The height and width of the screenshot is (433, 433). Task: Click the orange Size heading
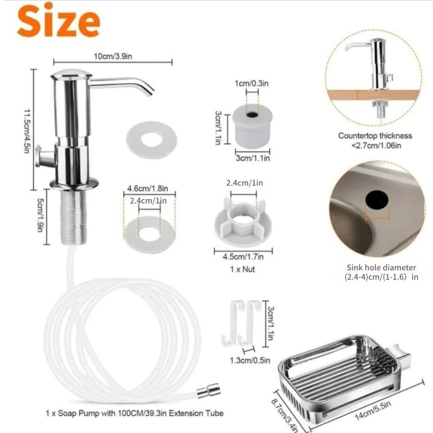pyautogui.click(x=59, y=20)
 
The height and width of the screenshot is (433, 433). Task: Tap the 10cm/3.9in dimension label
pyautogui.click(x=113, y=56)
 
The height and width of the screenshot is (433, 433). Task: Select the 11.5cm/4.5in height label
pyautogui.click(x=27, y=131)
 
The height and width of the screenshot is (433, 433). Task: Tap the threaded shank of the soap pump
pyautogui.click(x=74, y=216)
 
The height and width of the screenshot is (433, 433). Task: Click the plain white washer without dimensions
pyautogui.click(x=151, y=139)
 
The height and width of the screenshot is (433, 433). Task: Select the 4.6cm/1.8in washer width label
pyautogui.click(x=147, y=189)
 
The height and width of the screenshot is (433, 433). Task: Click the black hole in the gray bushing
pyautogui.click(x=252, y=115)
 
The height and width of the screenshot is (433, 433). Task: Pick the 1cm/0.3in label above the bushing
pyautogui.click(x=251, y=84)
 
